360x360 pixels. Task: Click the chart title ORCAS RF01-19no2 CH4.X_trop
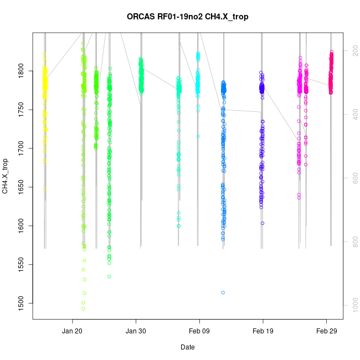pos(187,17)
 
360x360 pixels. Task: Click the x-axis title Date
pos(187,347)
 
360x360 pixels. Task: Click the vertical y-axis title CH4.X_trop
pos(5,176)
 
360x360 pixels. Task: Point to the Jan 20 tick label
pos(72,331)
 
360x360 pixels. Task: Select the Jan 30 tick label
pos(136,331)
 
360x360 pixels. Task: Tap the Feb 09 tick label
pos(199,331)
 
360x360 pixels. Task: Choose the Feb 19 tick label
pos(263,331)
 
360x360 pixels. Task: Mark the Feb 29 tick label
pos(326,331)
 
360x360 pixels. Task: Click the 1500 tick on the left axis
pos(22,303)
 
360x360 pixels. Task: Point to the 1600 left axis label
pos(22,226)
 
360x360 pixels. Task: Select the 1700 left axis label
pos(22,148)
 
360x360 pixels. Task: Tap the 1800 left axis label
pos(22,71)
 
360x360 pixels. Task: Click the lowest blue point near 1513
pos(223,292)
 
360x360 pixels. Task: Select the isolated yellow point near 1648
pos(45,188)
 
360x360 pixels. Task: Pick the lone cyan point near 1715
pos(198,136)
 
